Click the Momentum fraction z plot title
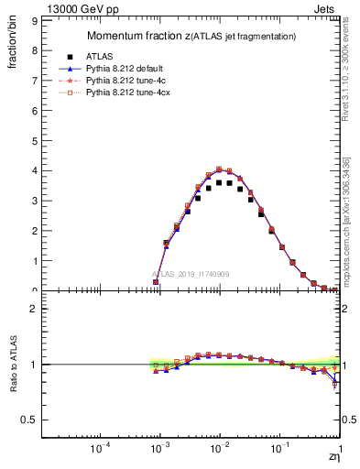pyautogui.click(x=191, y=36)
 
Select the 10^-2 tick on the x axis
pyautogui.click(x=220, y=448)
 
